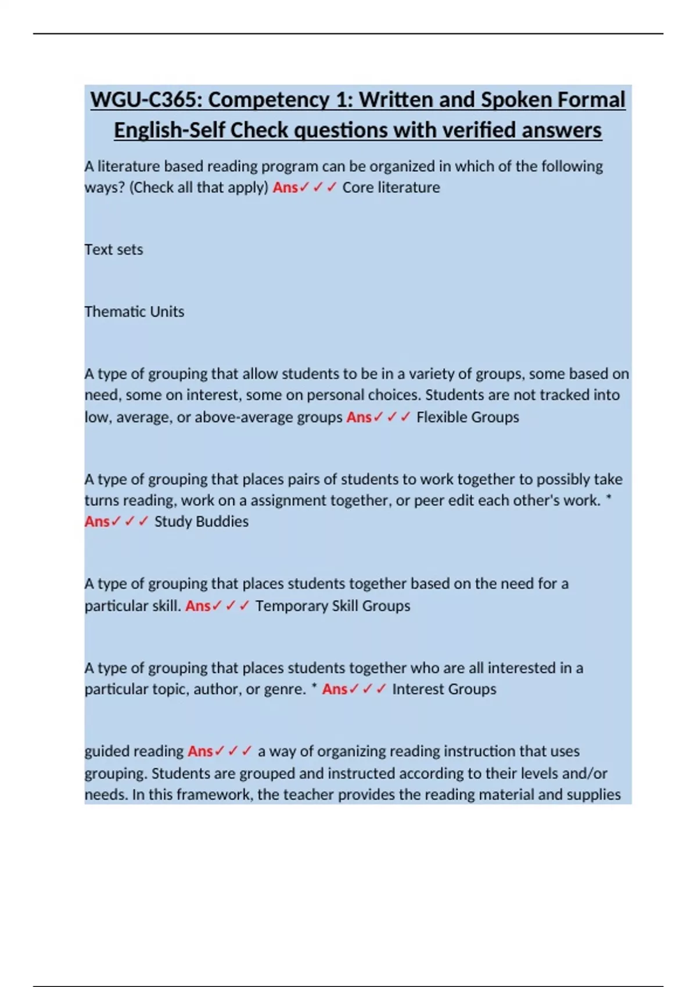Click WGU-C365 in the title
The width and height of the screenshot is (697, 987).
click(x=145, y=100)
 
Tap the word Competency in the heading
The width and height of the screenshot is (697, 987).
click(x=269, y=100)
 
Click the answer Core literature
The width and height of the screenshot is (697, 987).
click(x=391, y=188)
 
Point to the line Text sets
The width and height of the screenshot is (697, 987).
click(x=114, y=250)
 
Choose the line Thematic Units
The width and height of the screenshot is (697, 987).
click(x=134, y=312)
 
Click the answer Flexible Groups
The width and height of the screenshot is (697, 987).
click(x=468, y=417)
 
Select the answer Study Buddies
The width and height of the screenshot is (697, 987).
click(x=201, y=521)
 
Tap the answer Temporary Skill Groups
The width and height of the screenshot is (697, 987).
click(x=332, y=606)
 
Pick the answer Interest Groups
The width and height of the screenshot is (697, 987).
click(x=444, y=689)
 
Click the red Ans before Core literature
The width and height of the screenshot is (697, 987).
click(x=285, y=188)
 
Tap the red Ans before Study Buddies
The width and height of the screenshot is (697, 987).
click(x=97, y=521)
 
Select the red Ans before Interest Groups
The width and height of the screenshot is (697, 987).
click(x=335, y=689)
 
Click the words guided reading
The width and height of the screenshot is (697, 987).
click(x=134, y=751)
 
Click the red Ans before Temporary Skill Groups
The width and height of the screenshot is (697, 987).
click(x=198, y=606)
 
